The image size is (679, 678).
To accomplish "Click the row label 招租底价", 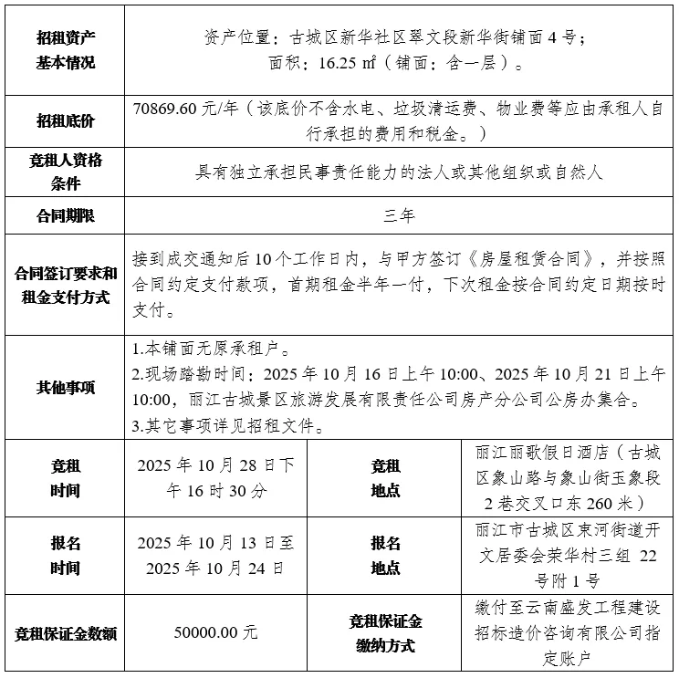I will pyautogui.click(x=66, y=120).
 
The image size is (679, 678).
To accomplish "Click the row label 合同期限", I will pyautogui.click(x=66, y=216).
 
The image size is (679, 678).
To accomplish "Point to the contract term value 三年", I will pyautogui.click(x=400, y=216).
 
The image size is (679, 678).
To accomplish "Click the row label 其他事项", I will pyautogui.click(x=66, y=387).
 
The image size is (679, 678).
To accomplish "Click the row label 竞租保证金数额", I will pyautogui.click(x=66, y=633).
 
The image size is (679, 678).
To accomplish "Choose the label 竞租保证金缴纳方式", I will pyautogui.click(x=385, y=633).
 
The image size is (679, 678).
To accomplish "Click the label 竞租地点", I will pyautogui.click(x=385, y=477).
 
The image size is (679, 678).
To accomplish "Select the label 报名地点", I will pyautogui.click(x=385, y=555).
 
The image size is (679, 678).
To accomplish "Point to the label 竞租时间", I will pyautogui.click(x=66, y=477).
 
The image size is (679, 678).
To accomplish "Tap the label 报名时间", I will pyautogui.click(x=66, y=555).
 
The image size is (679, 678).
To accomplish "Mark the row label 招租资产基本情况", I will pyautogui.click(x=66, y=50).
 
